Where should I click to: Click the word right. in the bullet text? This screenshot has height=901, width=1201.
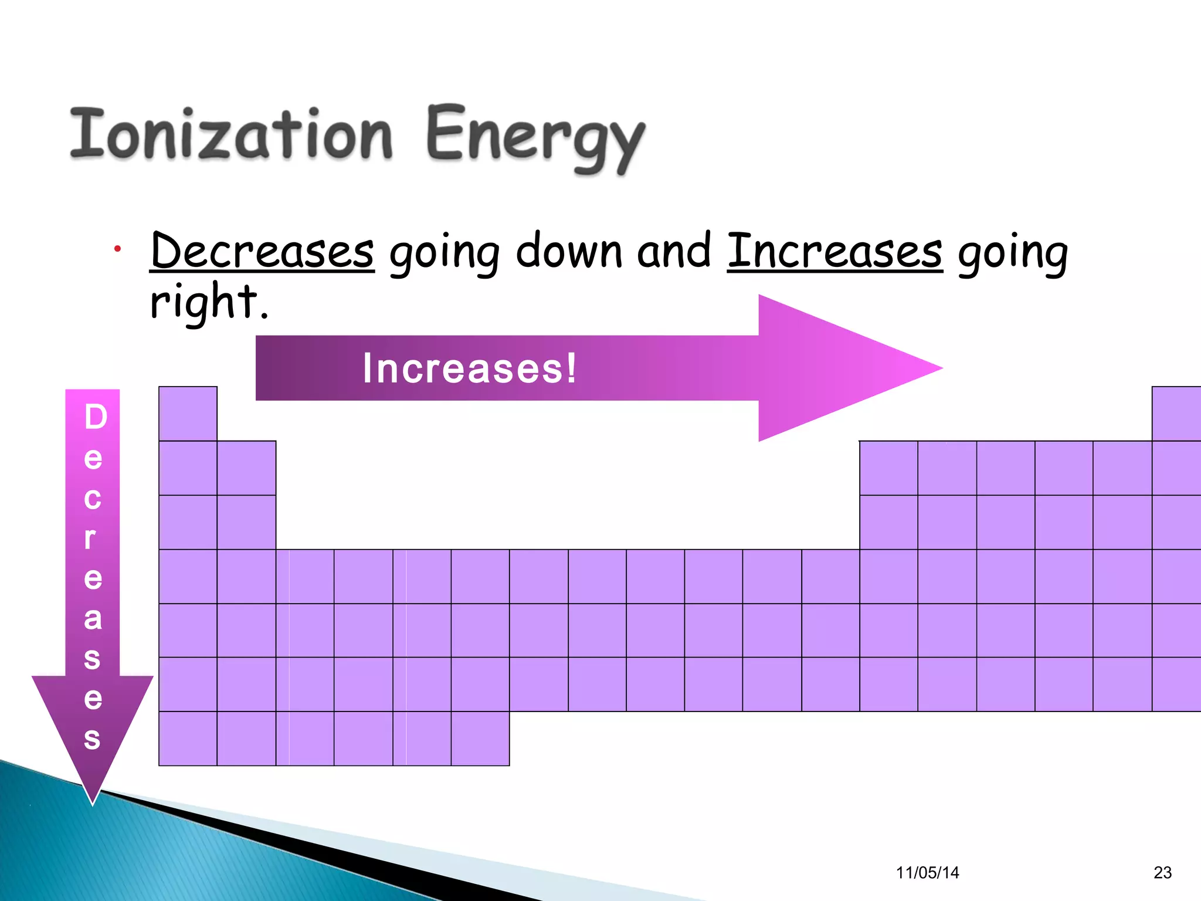pos(209,302)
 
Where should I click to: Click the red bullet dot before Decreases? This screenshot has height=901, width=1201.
pos(118,249)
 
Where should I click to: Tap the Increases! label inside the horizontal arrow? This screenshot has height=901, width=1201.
pos(470,368)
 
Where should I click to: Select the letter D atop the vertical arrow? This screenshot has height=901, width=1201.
pos(96,417)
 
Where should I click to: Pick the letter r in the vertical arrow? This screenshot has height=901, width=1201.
pos(90,537)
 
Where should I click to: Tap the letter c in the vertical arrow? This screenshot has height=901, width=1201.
pos(93,499)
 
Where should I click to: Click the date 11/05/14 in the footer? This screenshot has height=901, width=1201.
pos(927,873)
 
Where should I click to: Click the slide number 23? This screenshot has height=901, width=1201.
pos(1162,873)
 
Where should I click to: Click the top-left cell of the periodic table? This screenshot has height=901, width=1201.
pos(188,414)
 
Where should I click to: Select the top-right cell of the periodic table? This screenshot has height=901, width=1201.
pos(1176,414)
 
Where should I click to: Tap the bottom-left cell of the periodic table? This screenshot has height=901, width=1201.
pos(188,739)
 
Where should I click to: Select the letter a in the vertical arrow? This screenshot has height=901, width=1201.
pos(93,618)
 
